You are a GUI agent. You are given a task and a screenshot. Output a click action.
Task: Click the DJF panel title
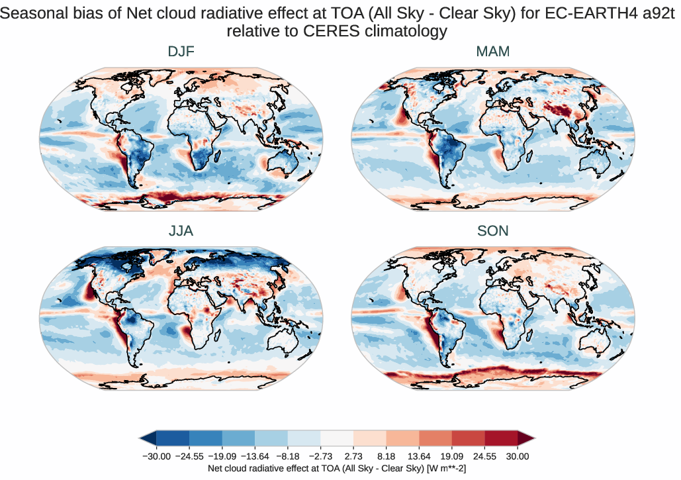click(x=181, y=52)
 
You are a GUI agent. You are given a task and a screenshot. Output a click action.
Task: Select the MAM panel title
click(x=493, y=52)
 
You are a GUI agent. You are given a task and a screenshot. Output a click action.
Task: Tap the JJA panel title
click(x=181, y=231)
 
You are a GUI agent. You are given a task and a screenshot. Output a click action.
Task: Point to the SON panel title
click(x=493, y=231)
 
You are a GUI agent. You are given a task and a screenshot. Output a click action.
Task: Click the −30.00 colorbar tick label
click(x=157, y=456)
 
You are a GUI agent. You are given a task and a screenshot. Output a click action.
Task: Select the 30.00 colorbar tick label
click(x=518, y=456)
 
